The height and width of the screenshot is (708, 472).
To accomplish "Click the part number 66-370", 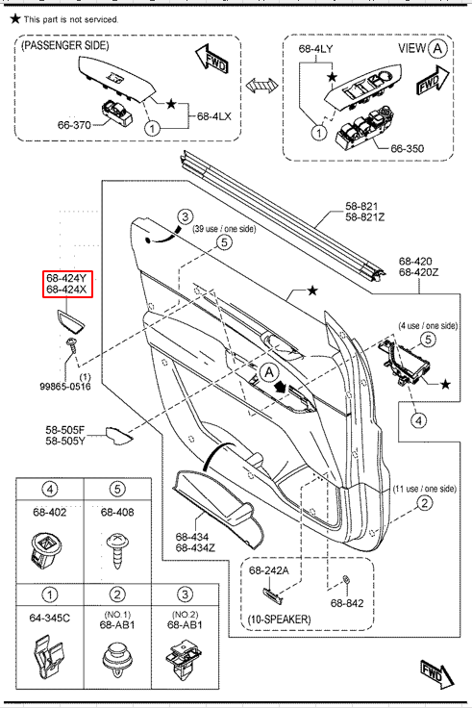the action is pyautogui.click(x=74, y=125).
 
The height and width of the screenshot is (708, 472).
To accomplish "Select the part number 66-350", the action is pyautogui.click(x=407, y=148).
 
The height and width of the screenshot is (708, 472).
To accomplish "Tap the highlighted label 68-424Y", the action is pyautogui.click(x=66, y=278).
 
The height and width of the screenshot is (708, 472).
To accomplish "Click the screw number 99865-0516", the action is pyautogui.click(x=65, y=386).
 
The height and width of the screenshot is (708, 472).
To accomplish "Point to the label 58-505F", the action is pyautogui.click(x=65, y=430).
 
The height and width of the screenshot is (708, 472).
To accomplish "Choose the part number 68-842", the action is pyautogui.click(x=347, y=603).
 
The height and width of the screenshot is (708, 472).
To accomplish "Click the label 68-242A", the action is pyautogui.click(x=269, y=570).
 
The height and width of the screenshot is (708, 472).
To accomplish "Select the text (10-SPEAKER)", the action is pyautogui.click(x=280, y=619).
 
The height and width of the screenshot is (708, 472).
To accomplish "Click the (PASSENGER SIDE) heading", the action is pyautogui.click(x=65, y=45).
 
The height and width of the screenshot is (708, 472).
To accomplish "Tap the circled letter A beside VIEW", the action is pyautogui.click(x=437, y=48).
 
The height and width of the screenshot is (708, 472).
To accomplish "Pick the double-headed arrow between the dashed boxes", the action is pyautogui.click(x=262, y=85).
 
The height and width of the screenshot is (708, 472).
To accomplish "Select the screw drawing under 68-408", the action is pyautogui.click(x=117, y=551).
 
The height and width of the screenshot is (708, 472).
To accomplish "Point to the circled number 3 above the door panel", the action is pyautogui.click(x=185, y=217).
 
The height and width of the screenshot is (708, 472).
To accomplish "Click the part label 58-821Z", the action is pyautogui.click(x=365, y=217).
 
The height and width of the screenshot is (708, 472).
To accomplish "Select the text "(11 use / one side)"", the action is pyautogui.click(x=425, y=489).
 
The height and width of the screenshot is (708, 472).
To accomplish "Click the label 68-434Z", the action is pyautogui.click(x=195, y=547).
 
